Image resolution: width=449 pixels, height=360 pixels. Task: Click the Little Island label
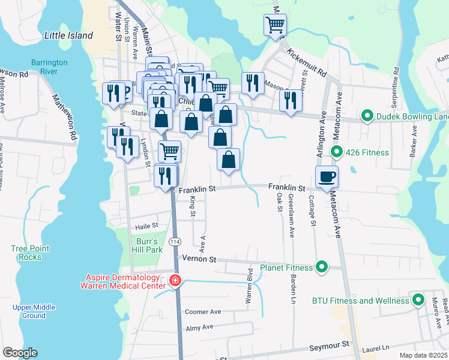tap(68, 35)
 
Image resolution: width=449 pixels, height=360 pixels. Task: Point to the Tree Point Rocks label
tap(26, 253)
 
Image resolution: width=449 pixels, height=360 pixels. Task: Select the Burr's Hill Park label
tap(146, 245)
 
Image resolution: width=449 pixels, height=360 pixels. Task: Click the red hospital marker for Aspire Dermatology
tap(175, 281)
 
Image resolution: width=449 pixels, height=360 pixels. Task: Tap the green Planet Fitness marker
tap(322, 267)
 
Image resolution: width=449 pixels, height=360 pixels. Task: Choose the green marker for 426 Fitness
tap(337, 152)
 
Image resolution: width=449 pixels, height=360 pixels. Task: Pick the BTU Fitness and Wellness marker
tap(418, 301)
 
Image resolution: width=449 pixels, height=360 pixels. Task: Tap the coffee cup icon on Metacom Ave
tap(327, 177)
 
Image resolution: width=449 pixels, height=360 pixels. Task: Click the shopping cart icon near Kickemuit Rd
tap(275, 25)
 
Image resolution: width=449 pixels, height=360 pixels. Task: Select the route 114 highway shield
tap(175, 241)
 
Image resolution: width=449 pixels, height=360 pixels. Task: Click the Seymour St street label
tap(329, 346)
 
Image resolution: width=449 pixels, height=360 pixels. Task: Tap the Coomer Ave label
tap(203, 312)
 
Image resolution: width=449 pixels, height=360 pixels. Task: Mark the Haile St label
tap(146, 226)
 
